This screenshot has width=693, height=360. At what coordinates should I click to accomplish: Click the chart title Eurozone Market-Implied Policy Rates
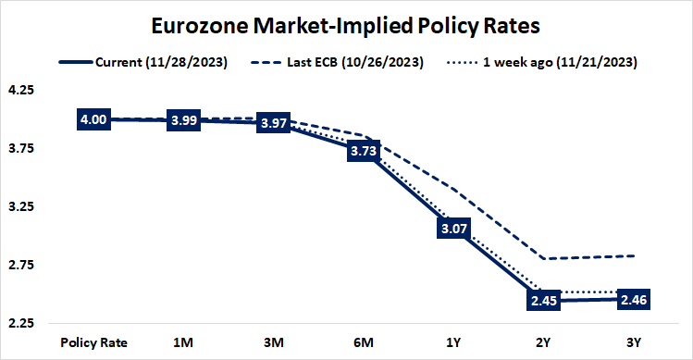pos(347,23)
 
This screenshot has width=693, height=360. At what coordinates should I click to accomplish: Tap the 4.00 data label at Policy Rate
pos(93,119)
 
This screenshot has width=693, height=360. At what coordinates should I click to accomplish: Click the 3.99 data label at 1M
pos(183,120)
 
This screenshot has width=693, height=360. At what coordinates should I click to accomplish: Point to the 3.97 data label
pos(274,122)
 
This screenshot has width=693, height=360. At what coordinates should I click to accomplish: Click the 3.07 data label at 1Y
pos(453,228)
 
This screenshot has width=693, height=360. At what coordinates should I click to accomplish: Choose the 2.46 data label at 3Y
pos(634,299)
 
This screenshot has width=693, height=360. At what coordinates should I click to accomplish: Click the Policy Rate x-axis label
pos(93,341)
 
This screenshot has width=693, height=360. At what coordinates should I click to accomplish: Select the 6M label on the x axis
pos(364,341)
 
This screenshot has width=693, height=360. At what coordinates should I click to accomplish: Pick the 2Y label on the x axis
pos(544,341)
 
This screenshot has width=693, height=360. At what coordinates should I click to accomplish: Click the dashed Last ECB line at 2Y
pos(544,258)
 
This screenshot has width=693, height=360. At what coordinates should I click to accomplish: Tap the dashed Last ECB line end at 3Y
pos(634,255)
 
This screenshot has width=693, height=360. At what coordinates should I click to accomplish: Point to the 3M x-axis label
pos(274,341)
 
